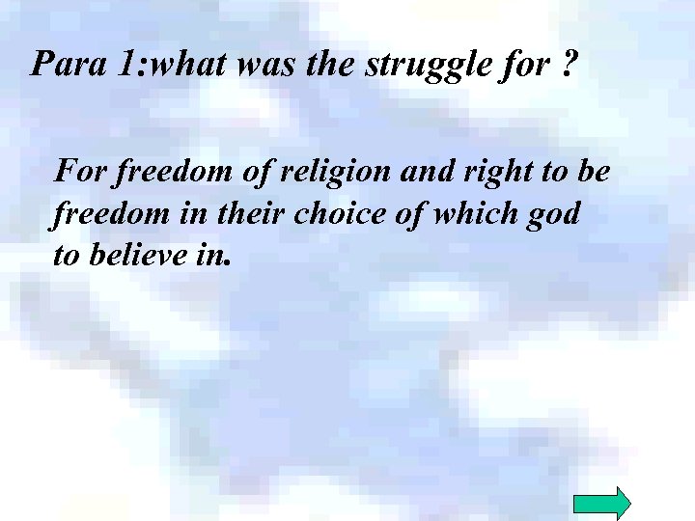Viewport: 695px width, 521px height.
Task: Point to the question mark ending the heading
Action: tap(569, 65)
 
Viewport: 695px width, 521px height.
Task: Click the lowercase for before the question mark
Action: tap(527, 65)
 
